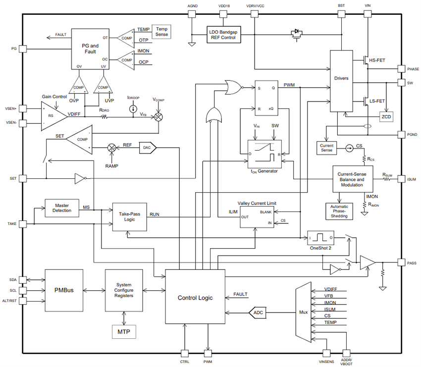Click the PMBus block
[64, 290]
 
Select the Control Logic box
[195, 297]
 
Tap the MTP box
[123, 331]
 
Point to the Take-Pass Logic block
[130, 216]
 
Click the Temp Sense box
[161, 32]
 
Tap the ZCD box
[386, 116]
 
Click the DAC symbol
[148, 147]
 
